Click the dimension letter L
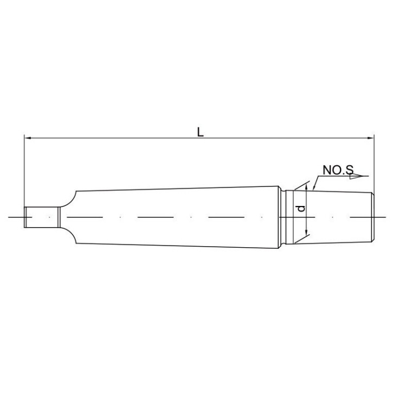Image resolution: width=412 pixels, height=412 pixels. [201, 132]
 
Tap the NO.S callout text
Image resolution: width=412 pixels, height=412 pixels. [338, 170]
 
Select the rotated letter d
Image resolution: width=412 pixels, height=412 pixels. [302, 208]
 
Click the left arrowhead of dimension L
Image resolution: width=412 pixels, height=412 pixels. [28, 138]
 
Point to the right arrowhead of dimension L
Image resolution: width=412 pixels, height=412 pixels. [370, 138]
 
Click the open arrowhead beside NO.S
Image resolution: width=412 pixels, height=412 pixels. [357, 176]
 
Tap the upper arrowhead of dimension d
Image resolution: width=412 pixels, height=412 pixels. [306, 187]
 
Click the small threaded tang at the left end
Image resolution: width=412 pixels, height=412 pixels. [41, 217]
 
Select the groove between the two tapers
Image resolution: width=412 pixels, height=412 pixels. [282, 217]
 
